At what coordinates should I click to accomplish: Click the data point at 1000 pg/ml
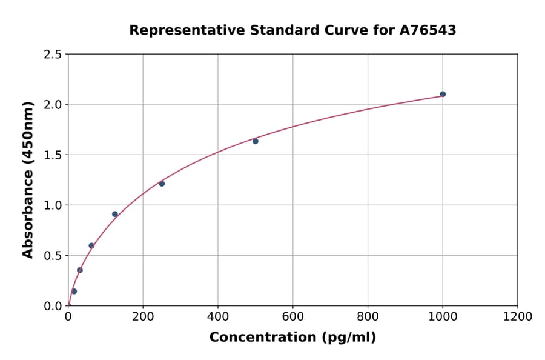443,94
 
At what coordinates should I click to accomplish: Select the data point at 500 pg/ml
256,141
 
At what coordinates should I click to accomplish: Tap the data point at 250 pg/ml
162,184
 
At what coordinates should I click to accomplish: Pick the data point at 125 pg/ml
115,214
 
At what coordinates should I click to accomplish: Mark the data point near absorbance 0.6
91,245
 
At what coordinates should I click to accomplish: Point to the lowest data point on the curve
74,292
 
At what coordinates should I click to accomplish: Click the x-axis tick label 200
143,317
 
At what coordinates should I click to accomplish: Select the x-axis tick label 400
218,317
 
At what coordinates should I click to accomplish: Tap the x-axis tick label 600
293,317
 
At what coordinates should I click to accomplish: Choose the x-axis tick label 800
368,317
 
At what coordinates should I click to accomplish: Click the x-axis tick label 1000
443,317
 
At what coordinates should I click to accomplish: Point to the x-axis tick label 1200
518,317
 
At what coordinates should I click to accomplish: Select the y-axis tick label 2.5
53,55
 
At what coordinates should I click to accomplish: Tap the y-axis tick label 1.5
53,155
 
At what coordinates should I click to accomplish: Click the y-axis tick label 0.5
53,256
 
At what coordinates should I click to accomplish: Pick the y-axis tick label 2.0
53,105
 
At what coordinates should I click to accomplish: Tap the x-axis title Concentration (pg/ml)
292,338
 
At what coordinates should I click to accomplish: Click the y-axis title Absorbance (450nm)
28,179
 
